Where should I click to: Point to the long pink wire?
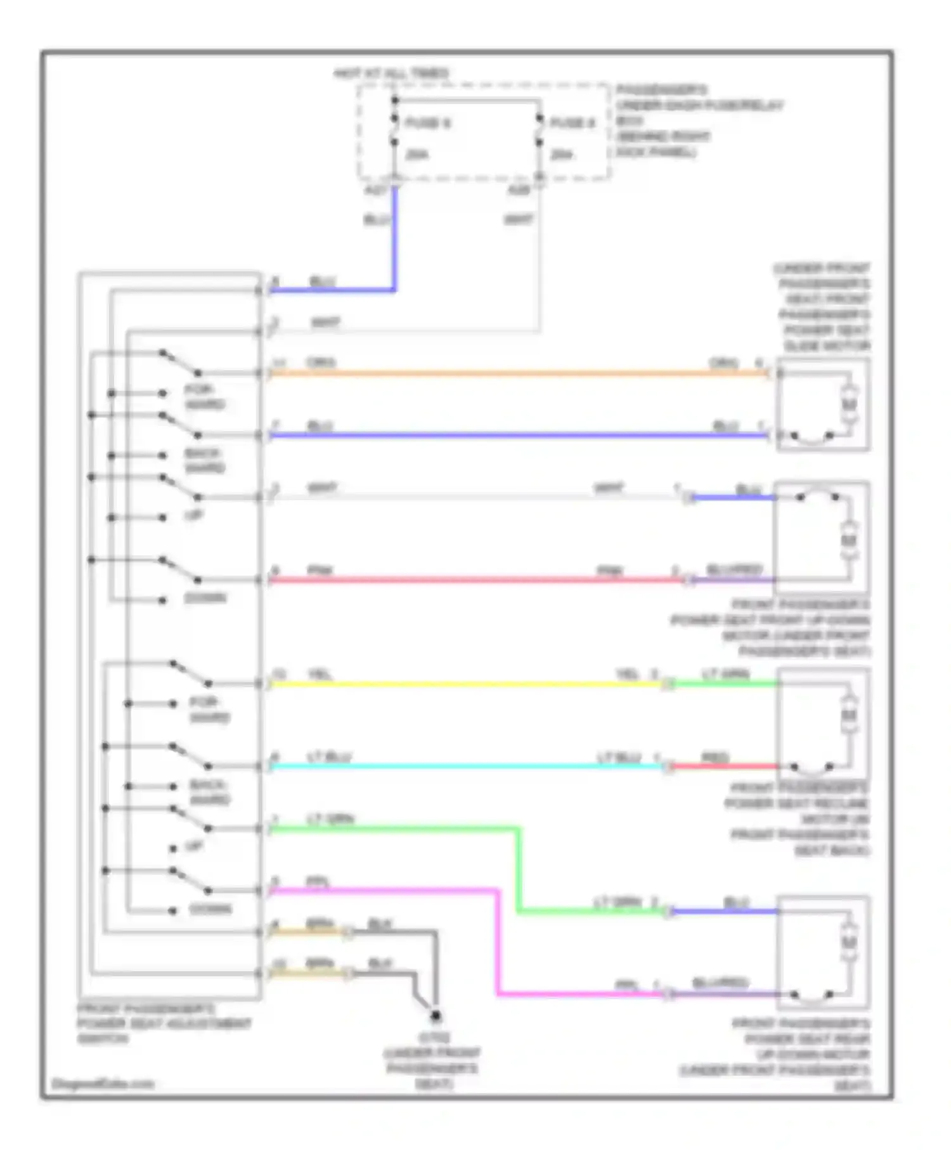[x=475, y=579]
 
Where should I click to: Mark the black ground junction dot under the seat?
[x=436, y=1017]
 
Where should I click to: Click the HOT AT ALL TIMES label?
[x=391, y=74]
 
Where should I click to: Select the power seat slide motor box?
[x=823, y=404]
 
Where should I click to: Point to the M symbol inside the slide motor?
[x=850, y=404]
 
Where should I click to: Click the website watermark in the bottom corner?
[x=103, y=1084]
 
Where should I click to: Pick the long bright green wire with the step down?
[x=519, y=869]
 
